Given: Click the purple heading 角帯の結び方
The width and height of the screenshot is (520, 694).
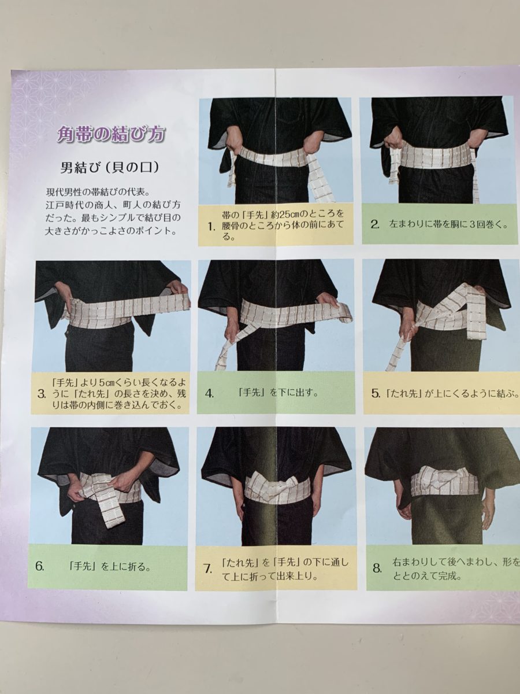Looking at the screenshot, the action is [111, 134].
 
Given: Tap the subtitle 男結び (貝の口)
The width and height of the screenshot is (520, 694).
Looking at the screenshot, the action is [109, 168].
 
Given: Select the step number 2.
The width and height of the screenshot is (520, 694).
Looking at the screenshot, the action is [375, 225].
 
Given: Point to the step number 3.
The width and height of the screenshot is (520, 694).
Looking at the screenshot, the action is [42, 394].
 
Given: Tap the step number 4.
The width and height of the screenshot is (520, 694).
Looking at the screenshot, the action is [209, 394].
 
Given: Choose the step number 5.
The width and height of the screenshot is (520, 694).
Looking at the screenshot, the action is [376, 394].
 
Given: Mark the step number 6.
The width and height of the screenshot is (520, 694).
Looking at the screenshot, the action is [40, 566].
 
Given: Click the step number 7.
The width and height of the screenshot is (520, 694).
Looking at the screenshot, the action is [207, 569].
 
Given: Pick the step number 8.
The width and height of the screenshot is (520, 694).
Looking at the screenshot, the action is [377, 568].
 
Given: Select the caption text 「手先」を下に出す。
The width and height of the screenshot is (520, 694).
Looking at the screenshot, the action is [278, 393].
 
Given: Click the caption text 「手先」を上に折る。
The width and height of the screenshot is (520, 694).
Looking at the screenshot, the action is [110, 566].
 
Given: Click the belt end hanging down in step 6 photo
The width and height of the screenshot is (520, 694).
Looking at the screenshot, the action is [110, 513].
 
